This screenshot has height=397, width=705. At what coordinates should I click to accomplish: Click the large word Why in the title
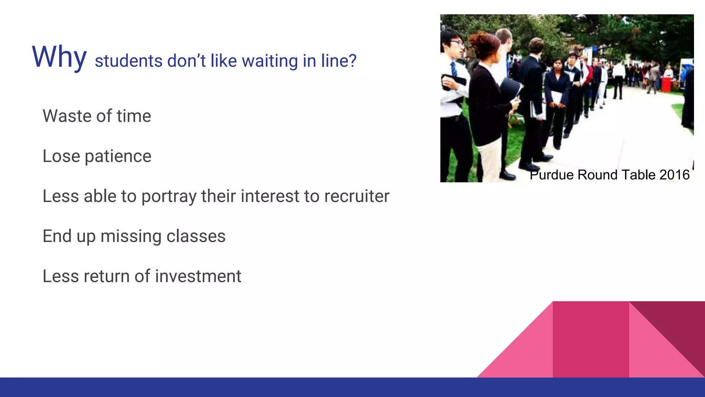click(59, 57)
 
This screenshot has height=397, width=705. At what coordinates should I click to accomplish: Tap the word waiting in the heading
click(270, 61)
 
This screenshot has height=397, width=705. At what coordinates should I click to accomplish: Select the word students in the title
click(128, 61)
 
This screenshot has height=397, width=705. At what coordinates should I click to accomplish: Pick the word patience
click(118, 156)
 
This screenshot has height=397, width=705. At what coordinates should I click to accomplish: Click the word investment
click(198, 276)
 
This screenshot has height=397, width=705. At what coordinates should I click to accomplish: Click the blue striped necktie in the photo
click(454, 69)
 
